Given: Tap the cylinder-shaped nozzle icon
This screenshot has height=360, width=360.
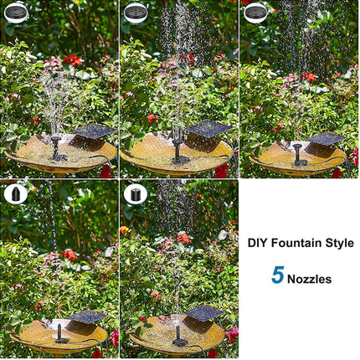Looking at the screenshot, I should [x=137, y=194].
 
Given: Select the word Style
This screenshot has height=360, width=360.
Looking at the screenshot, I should [x=337, y=243].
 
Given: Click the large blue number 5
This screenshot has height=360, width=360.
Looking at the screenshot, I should [x=277, y=275].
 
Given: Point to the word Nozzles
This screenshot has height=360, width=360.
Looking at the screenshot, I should [x=310, y=278].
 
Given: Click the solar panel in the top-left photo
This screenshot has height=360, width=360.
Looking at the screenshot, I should [x=93, y=131].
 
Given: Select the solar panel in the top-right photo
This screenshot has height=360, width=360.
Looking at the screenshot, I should [x=327, y=138].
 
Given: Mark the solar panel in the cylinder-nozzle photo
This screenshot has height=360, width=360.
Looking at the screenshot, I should [x=203, y=313].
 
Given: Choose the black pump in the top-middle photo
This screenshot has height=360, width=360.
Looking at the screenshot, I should [x=178, y=151].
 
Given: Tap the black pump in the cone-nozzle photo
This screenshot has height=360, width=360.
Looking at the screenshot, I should [x=61, y=333].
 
